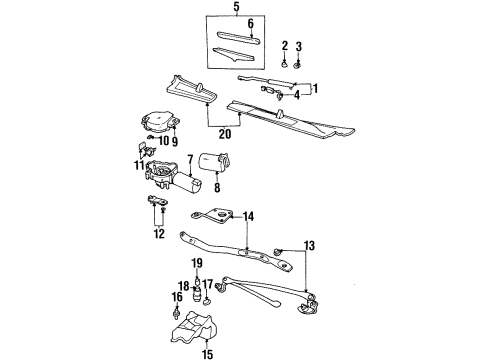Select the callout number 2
coord(284,46)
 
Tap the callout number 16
coord(176,297)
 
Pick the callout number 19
coord(197,262)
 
